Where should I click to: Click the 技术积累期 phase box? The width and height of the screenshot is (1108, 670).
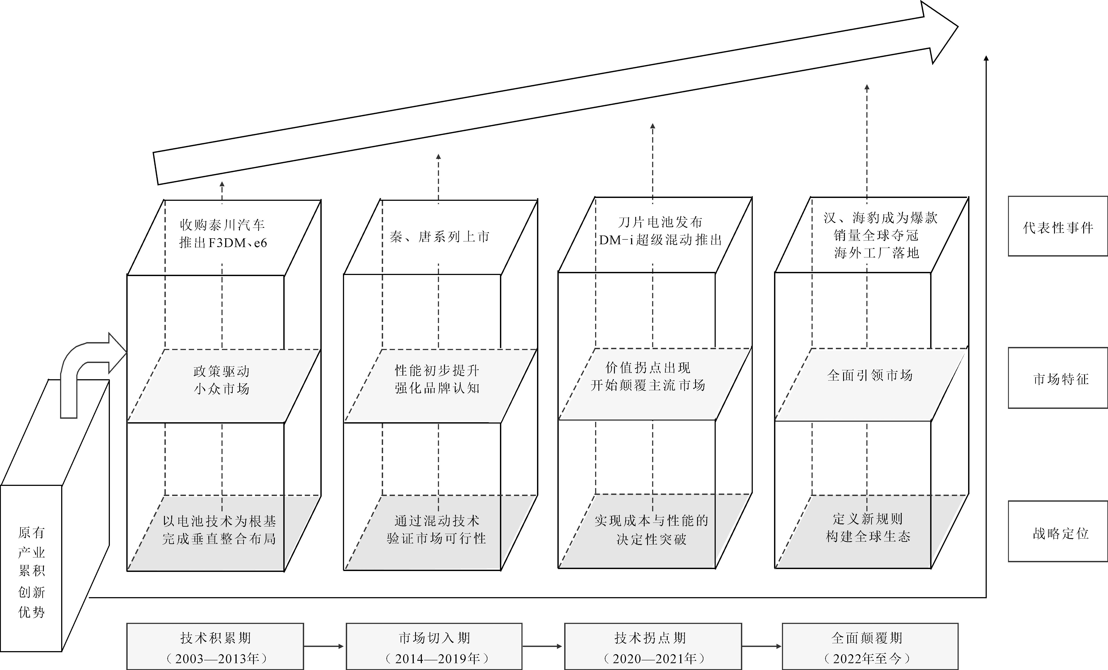coord(215,646)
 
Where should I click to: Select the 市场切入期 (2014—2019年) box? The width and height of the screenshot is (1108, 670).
coord(434,646)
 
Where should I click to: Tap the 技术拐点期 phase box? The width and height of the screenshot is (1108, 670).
coord(653,646)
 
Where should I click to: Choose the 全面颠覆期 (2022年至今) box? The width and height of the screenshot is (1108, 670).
coord(870,646)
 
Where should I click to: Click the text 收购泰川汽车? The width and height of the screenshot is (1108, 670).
coord(222,225)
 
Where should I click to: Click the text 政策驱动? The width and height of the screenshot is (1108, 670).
coord(221,371)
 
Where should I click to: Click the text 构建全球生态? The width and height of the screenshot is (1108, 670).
coord(868,536)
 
